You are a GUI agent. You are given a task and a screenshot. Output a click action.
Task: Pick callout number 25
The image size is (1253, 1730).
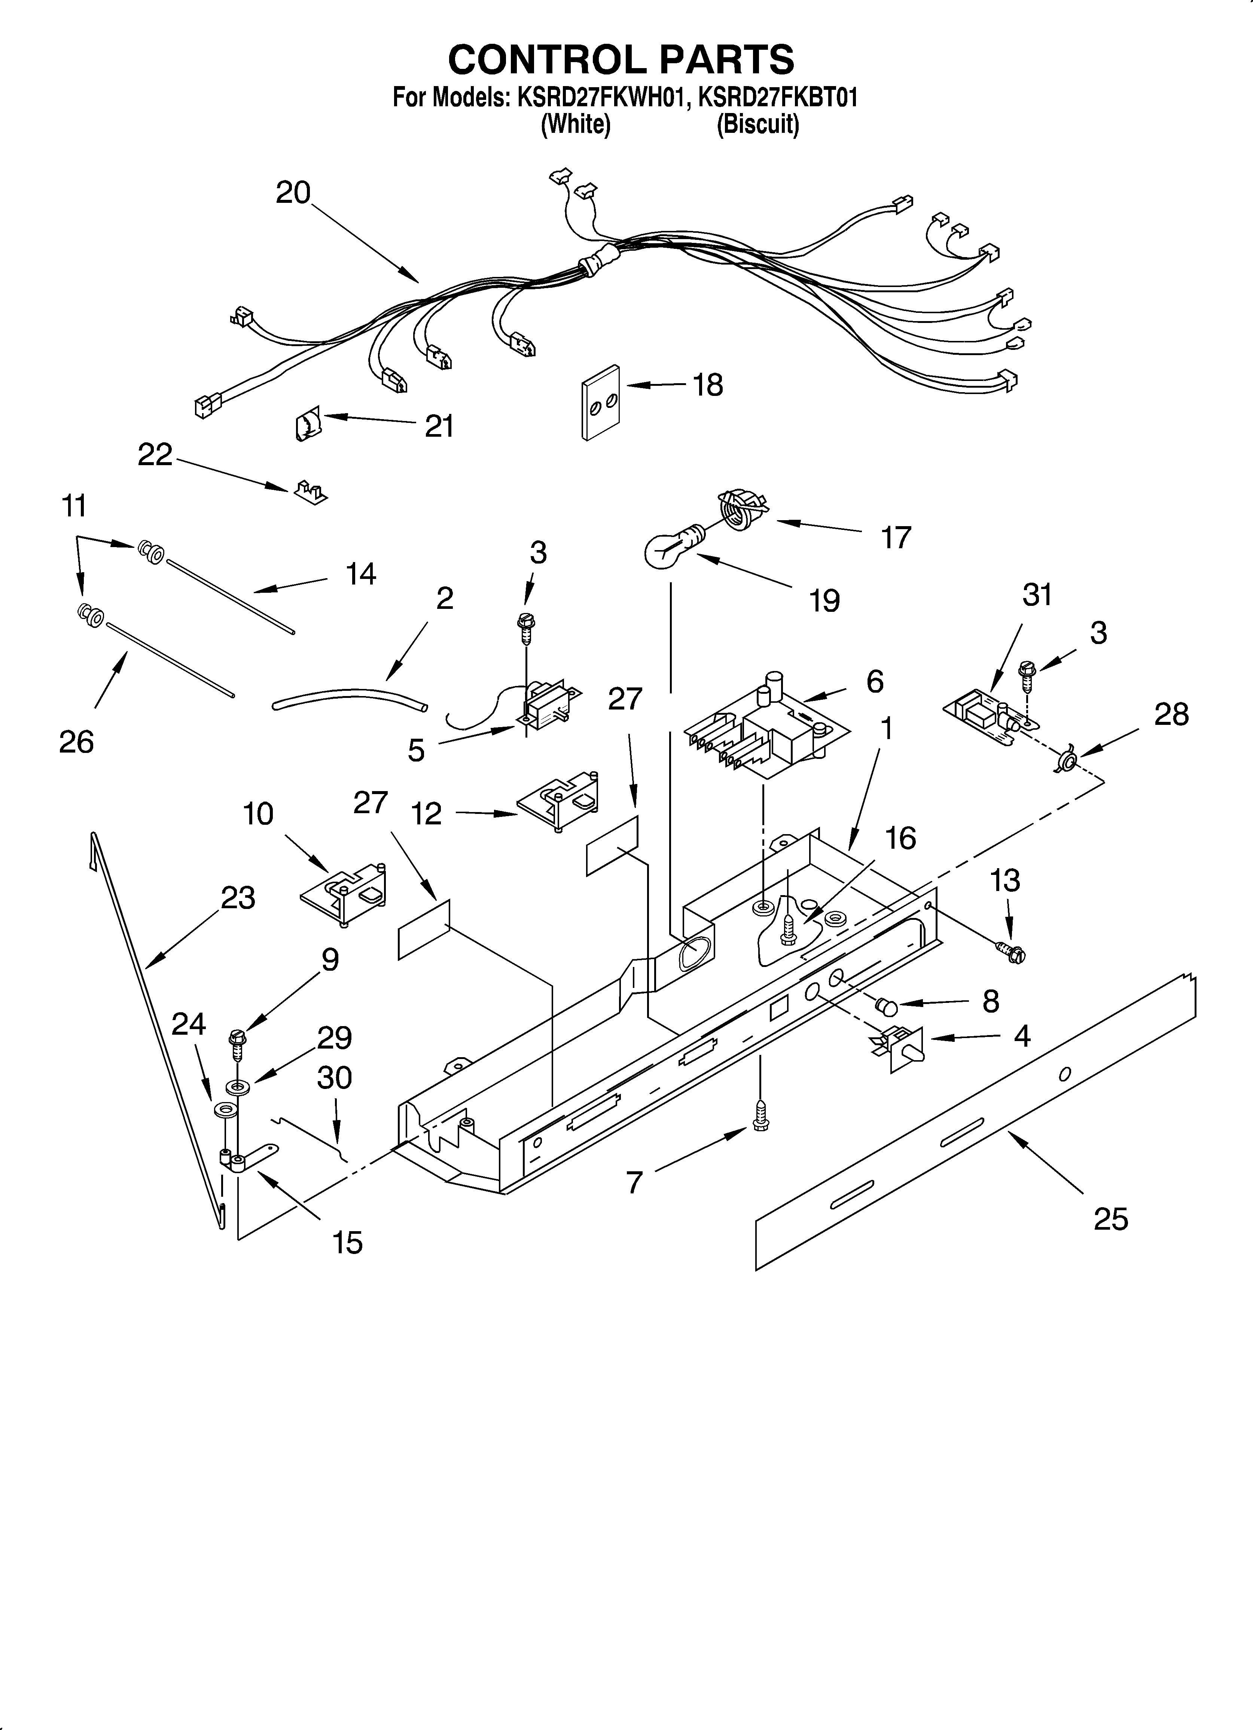[1110, 1219]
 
